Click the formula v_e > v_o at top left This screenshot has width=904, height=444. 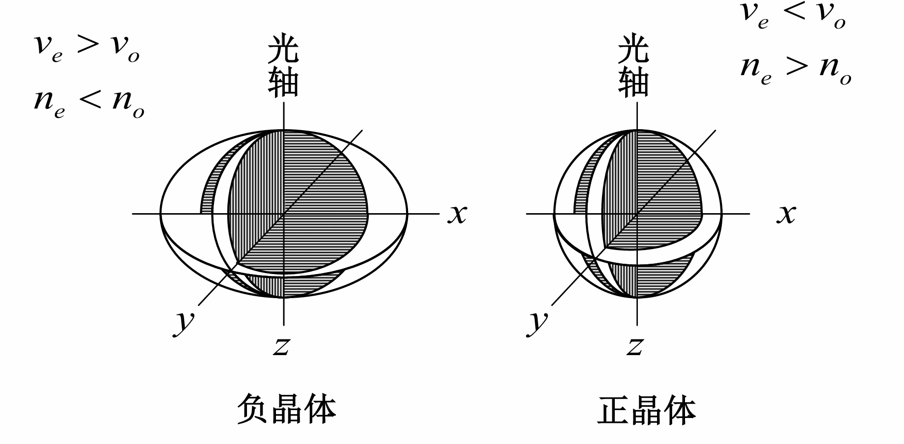click(86, 47)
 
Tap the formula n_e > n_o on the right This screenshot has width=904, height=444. click(795, 68)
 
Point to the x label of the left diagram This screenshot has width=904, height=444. click(457, 214)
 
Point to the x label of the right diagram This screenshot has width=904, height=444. click(786, 214)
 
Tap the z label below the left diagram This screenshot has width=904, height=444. click(281, 346)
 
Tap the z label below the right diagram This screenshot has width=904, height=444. click(635, 346)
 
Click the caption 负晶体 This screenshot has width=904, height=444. click(286, 409)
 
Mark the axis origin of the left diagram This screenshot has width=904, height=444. click(284, 214)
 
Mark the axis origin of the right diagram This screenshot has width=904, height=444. click(637, 214)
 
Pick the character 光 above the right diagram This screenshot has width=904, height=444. click(633, 49)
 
